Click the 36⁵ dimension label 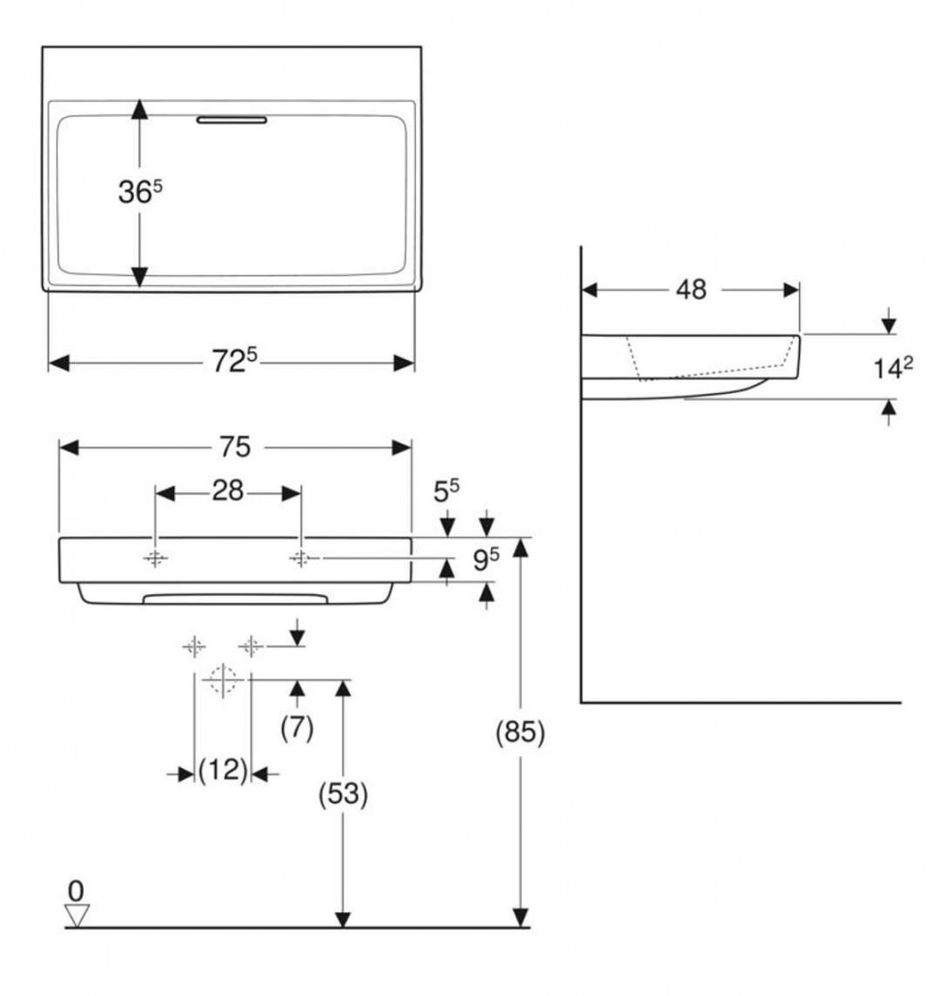click(139, 193)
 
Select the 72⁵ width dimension click(234, 361)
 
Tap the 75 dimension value click(234, 446)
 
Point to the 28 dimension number click(227, 491)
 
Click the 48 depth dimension click(691, 289)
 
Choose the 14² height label click(893, 369)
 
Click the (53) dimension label click(343, 794)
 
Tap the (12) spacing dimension click(223, 772)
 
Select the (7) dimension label click(297, 728)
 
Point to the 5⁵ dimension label click(447, 492)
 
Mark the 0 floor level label click(75, 890)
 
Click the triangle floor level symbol click(76, 914)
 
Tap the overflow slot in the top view click(231, 121)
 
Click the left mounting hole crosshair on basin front click(156, 558)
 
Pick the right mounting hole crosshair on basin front click(300, 558)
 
